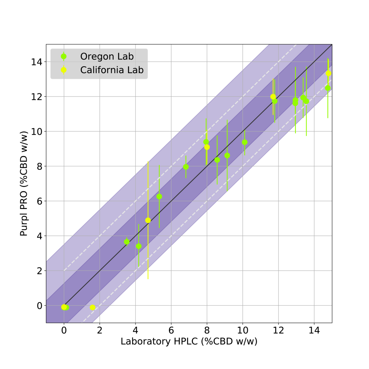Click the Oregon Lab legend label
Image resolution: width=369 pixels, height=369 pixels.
pos(107,57)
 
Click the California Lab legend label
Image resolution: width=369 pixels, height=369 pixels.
pos(112,70)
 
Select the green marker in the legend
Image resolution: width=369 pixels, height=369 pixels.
pos(64,57)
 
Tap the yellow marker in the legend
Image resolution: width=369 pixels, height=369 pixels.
pos(64,70)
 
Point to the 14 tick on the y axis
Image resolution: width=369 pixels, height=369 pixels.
pos(36,62)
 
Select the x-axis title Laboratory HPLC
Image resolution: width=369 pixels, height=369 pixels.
pos(189,342)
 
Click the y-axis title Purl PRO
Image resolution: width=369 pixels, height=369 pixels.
pos(24,184)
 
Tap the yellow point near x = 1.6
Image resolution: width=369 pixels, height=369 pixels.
pos(93,307)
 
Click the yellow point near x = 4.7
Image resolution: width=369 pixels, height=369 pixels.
pos(148,220)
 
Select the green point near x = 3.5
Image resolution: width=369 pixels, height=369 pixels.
pos(127,242)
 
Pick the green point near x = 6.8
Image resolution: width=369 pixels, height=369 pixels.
pos(186,167)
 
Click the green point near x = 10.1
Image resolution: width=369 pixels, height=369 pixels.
pos(245,142)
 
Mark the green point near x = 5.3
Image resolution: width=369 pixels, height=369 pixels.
pos(159,196)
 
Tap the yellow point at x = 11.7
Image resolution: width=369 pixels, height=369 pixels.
pos(273,97)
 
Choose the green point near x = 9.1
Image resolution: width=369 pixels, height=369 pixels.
pos(227,156)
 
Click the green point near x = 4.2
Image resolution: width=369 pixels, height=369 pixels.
pos(139,246)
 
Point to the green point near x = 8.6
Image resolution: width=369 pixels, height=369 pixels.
pos(217,160)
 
